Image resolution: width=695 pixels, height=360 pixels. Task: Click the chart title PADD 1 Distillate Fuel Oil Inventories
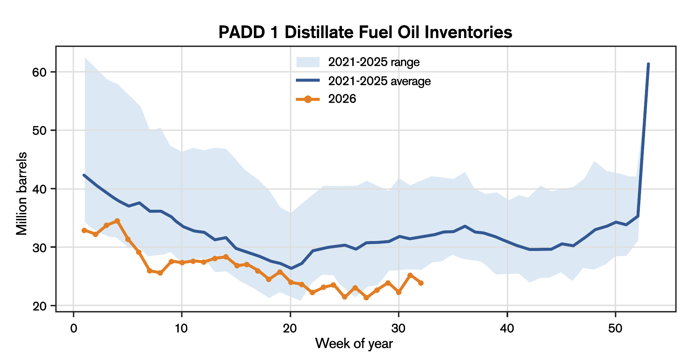[x=365, y=33]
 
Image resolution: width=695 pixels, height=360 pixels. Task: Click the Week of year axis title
[x=354, y=343]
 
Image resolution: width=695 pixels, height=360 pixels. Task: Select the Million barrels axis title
[x=22, y=193]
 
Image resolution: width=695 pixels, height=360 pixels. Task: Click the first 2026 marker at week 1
[x=84, y=230]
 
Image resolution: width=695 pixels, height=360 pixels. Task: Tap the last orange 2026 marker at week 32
[x=420, y=283]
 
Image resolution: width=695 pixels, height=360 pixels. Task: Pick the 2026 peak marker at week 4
[x=117, y=221]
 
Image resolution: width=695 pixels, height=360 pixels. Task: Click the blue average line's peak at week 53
[x=648, y=64]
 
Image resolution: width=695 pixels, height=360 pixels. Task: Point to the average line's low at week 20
[x=290, y=268]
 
